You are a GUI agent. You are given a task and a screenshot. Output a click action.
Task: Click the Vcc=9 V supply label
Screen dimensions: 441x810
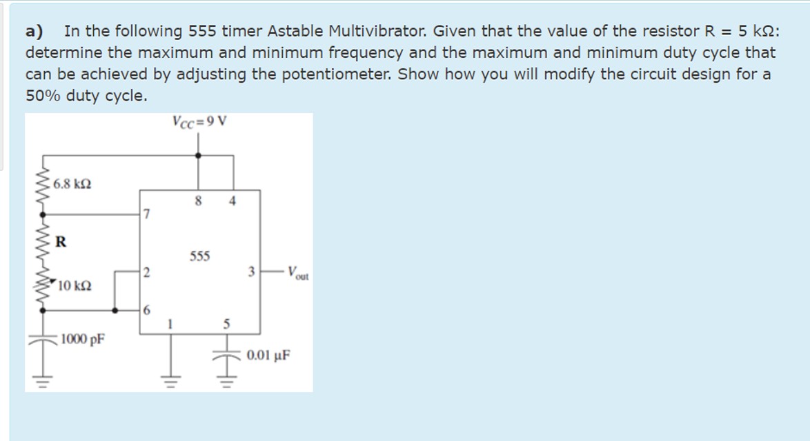click(199, 123)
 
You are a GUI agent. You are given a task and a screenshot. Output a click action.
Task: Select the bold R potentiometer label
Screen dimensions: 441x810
click(61, 241)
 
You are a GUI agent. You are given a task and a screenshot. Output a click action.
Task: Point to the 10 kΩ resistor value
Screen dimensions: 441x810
click(75, 285)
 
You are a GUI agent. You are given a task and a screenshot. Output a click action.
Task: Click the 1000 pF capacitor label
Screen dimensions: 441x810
click(81, 339)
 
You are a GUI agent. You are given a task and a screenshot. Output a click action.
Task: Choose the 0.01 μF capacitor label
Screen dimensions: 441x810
click(269, 356)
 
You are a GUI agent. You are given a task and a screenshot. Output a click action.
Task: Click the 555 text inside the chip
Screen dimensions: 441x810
click(199, 256)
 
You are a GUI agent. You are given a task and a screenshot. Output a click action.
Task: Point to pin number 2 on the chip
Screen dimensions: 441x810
click(145, 271)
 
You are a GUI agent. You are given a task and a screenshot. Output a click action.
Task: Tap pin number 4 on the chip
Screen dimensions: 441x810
click(233, 201)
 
